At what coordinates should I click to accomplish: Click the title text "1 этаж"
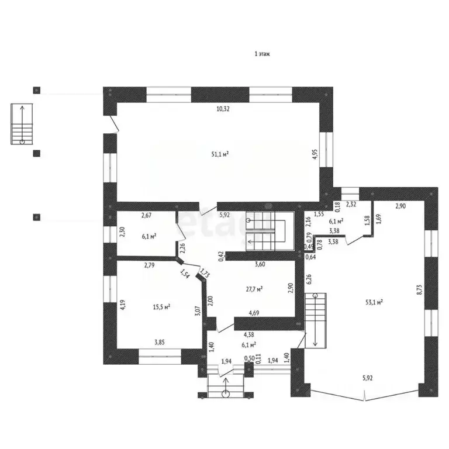(261, 54)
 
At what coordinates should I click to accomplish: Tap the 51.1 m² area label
(220, 154)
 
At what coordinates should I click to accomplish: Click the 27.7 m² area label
(253, 289)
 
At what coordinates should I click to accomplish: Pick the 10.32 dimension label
(222, 109)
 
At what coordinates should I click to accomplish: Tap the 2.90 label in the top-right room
(400, 206)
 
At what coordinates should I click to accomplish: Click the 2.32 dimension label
(351, 205)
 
